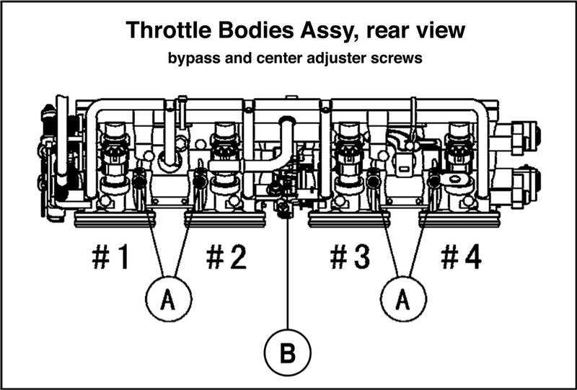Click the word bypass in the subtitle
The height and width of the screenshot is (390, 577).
190,60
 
